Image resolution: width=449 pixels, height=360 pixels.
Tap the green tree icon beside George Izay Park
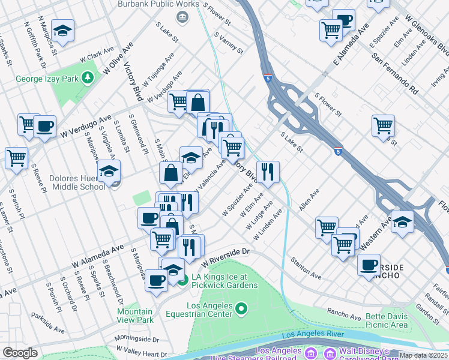[88, 78]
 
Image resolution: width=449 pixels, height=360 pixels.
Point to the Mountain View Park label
[135, 316]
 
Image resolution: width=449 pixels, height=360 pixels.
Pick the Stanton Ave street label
[306, 268]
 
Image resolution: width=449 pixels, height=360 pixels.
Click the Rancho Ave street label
[343, 312]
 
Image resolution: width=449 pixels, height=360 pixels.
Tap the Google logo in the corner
[20, 352]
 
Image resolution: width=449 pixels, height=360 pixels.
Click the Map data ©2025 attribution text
[423, 355]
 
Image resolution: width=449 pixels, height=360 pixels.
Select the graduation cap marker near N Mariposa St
[62, 30]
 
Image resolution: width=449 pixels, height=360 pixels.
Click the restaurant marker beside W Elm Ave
[268, 171]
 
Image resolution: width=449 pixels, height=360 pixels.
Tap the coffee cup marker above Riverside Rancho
[369, 263]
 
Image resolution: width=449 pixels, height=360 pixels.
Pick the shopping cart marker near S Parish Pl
[16, 158]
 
